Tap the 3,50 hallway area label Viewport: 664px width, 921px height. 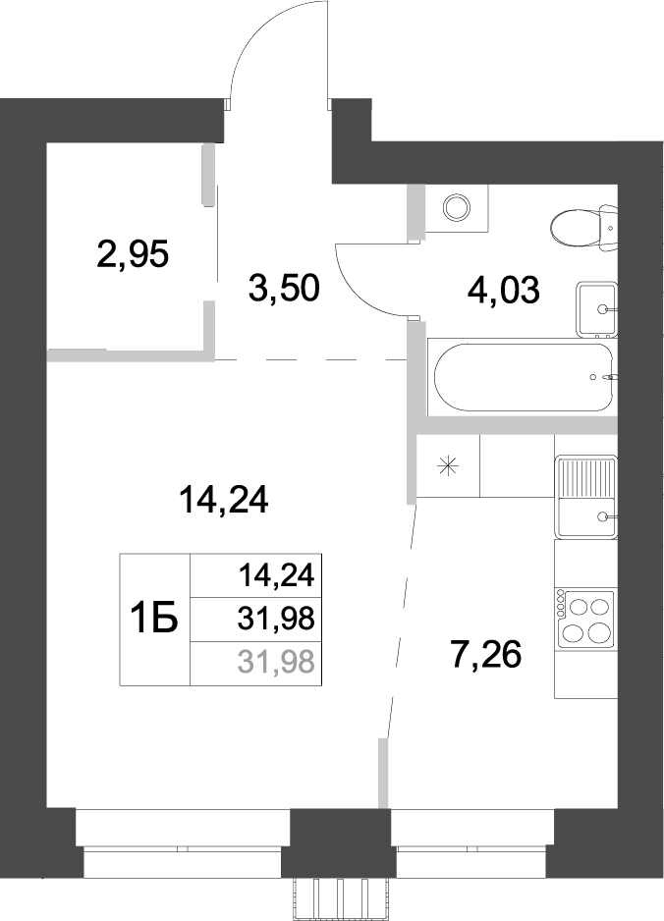pyautogui.click(x=284, y=290)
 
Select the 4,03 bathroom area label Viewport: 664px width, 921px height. pyautogui.click(x=502, y=291)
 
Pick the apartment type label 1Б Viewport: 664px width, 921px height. pyautogui.click(x=153, y=620)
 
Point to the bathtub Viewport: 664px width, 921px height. pyautogui.click(x=522, y=375)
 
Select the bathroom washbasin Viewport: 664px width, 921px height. pyautogui.click(x=595, y=307)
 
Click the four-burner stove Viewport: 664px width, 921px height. pyautogui.click(x=585, y=618)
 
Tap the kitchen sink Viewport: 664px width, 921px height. pyautogui.click(x=585, y=498)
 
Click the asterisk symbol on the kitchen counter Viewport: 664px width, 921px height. pyautogui.click(x=448, y=467)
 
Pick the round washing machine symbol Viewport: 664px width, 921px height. pyautogui.click(x=456, y=206)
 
